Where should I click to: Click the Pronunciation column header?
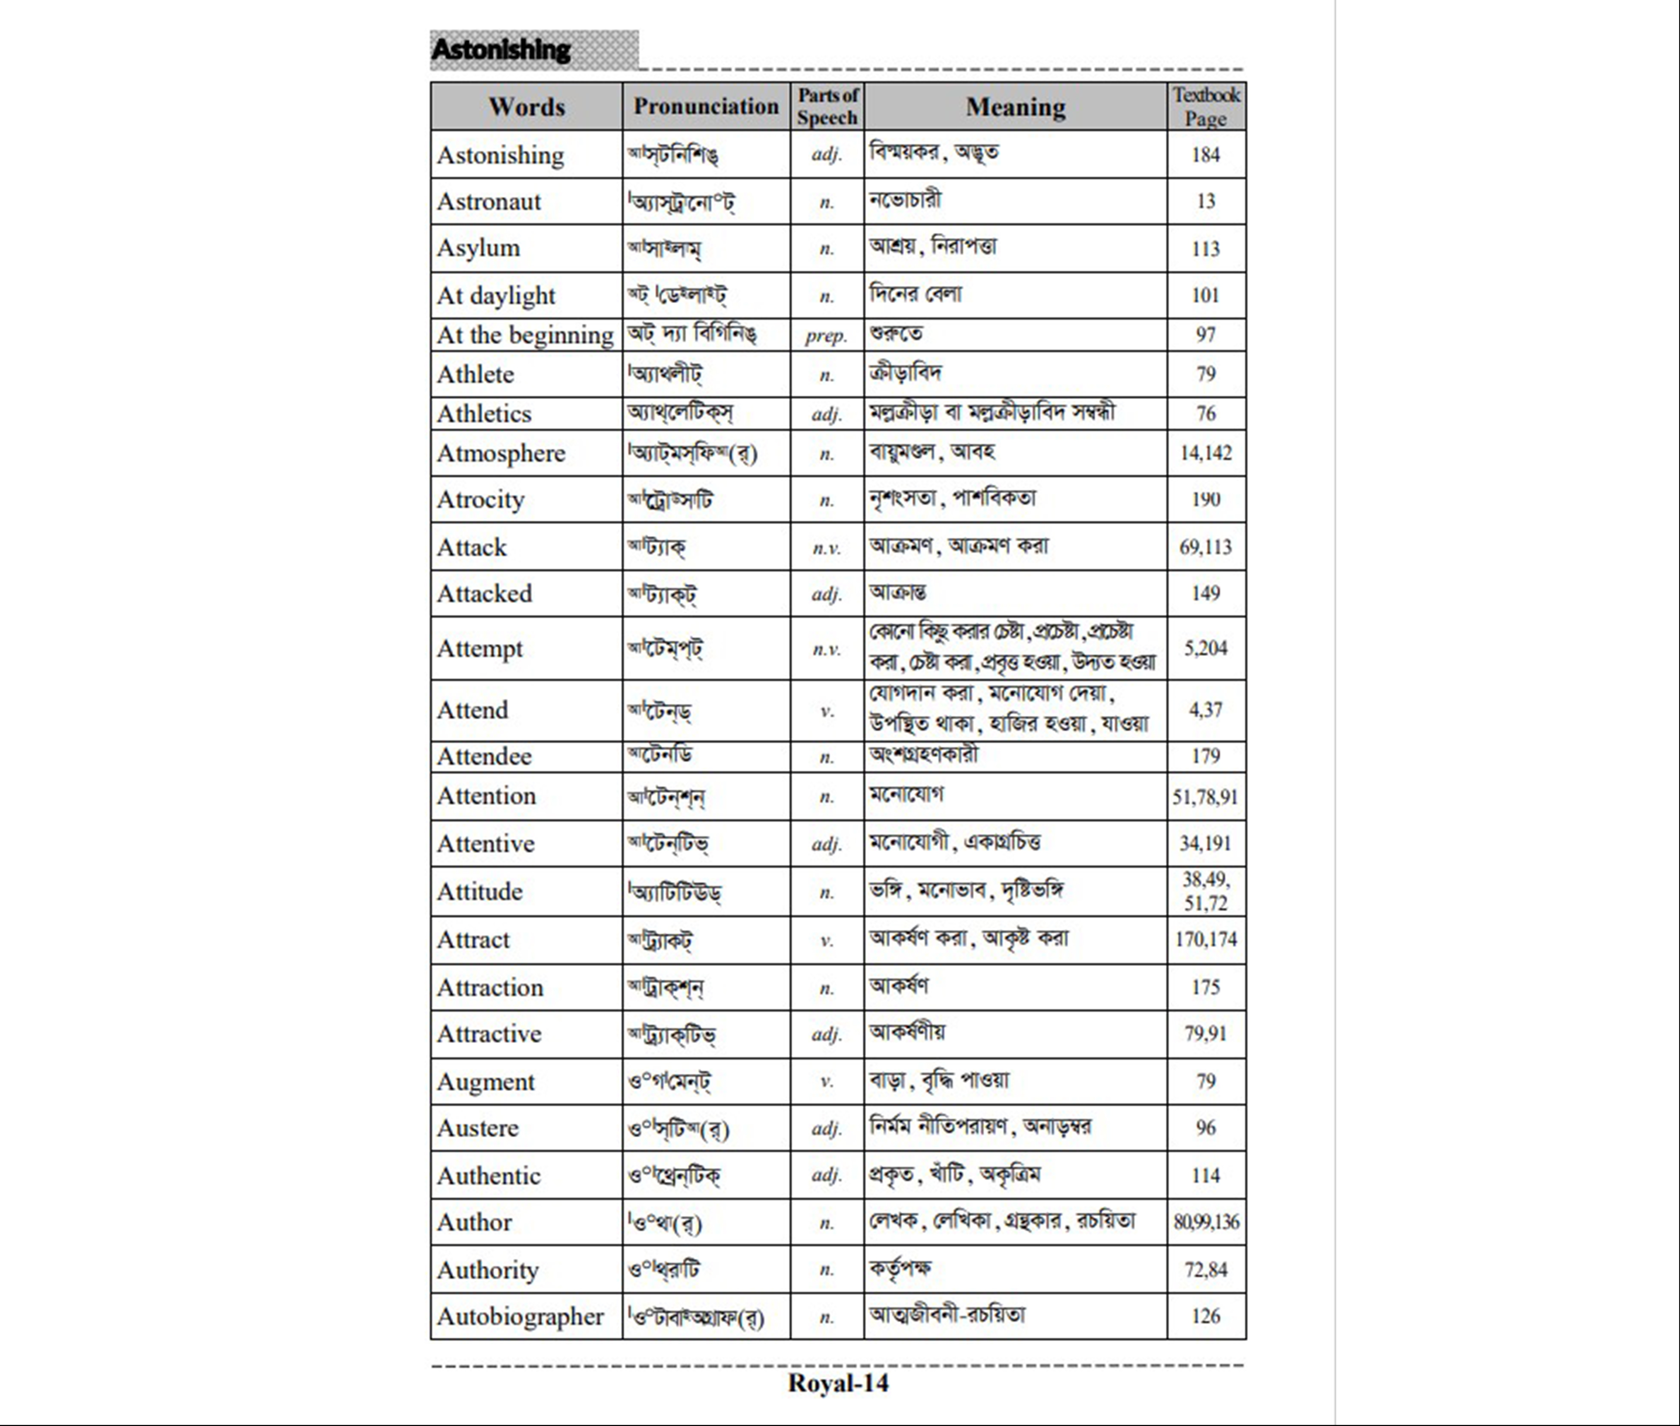705,106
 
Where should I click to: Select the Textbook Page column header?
1206,106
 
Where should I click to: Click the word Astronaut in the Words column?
489,201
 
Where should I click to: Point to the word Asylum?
478,248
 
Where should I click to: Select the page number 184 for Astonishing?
1206,154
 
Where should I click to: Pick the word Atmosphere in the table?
501,453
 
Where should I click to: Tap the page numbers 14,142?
1206,453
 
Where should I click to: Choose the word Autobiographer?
520,1316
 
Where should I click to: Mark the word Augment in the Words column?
486,1082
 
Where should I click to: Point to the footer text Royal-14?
838,1383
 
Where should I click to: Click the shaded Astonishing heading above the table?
501,49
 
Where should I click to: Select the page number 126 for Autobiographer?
1206,1316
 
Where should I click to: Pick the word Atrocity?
481,500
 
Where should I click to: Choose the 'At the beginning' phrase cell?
525,335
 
